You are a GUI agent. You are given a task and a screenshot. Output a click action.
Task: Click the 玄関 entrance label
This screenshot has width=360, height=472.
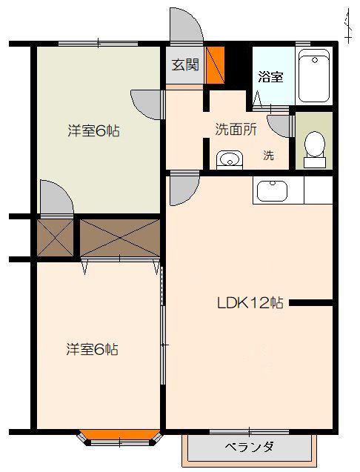click(185, 64)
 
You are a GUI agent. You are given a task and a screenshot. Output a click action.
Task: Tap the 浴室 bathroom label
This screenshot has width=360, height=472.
click(270, 77)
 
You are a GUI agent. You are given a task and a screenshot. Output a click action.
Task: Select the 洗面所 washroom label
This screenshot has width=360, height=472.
click(236, 130)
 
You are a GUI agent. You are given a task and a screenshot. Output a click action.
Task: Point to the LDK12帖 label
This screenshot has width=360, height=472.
click(250, 303)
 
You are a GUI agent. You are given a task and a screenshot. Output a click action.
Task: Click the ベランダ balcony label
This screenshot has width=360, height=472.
click(249, 446)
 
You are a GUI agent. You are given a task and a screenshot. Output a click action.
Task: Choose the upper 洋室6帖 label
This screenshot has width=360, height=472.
click(93, 131)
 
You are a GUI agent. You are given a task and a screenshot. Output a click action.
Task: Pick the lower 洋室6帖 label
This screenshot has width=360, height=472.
click(92, 349)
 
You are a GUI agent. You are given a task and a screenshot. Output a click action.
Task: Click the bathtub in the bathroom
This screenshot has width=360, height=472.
click(314, 76)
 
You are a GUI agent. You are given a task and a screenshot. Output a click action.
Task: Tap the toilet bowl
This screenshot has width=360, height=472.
click(315, 149)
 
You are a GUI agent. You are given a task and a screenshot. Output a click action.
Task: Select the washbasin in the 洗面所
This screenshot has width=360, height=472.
click(230, 159)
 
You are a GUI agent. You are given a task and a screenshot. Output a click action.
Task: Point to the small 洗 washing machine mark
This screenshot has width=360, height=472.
click(269, 156)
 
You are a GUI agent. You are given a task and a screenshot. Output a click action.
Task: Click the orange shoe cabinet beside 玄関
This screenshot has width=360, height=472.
click(215, 65)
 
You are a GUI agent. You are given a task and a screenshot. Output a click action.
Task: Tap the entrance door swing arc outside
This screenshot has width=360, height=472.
click(187, 24)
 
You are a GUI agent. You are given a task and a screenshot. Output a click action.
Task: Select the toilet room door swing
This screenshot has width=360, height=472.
click(279, 126)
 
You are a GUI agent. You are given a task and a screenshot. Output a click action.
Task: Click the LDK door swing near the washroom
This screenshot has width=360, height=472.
click(184, 189)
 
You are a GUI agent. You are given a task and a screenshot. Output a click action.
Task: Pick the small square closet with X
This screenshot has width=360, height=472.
click(56, 238)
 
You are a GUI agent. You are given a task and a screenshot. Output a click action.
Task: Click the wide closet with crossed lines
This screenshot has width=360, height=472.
click(120, 238)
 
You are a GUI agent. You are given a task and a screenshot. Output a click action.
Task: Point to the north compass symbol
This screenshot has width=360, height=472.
click(348, 26)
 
